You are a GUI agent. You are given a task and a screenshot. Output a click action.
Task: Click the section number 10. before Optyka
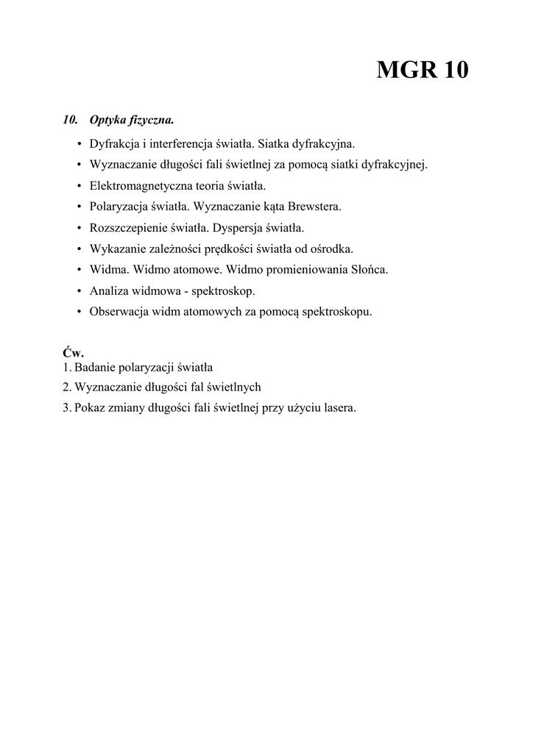point(71,119)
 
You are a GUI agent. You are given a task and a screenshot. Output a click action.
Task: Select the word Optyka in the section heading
point(108,119)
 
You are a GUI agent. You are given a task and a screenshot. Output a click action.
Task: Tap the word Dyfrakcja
point(115,143)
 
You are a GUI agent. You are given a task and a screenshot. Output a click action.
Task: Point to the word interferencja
point(179,143)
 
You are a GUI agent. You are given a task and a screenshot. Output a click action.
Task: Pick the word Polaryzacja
point(119,207)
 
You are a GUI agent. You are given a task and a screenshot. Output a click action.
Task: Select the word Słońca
point(368,270)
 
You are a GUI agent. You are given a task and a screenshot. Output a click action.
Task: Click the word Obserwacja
point(119,311)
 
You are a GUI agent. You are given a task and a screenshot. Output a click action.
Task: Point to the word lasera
point(339,407)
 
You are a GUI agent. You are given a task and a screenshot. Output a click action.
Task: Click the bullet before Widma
point(79,270)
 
